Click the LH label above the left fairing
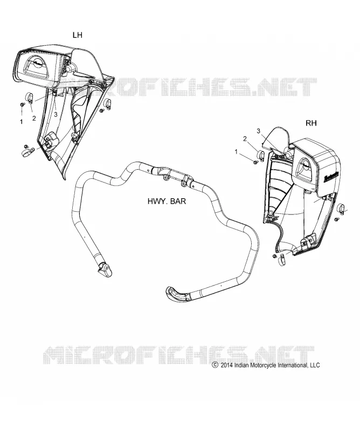click(77, 35)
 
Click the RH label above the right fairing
click(311, 123)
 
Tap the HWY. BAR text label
click(167, 201)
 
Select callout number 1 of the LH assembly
click(22, 122)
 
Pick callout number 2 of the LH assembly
click(34, 119)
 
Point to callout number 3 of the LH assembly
click(56, 115)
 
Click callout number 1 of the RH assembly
click(236, 151)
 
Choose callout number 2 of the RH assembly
click(245, 139)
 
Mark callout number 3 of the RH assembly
click(258, 131)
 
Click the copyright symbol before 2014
click(215, 365)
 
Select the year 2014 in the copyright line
click(226, 365)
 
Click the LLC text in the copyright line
click(315, 365)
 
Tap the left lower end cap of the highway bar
click(105, 269)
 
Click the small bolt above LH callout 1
click(22, 105)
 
